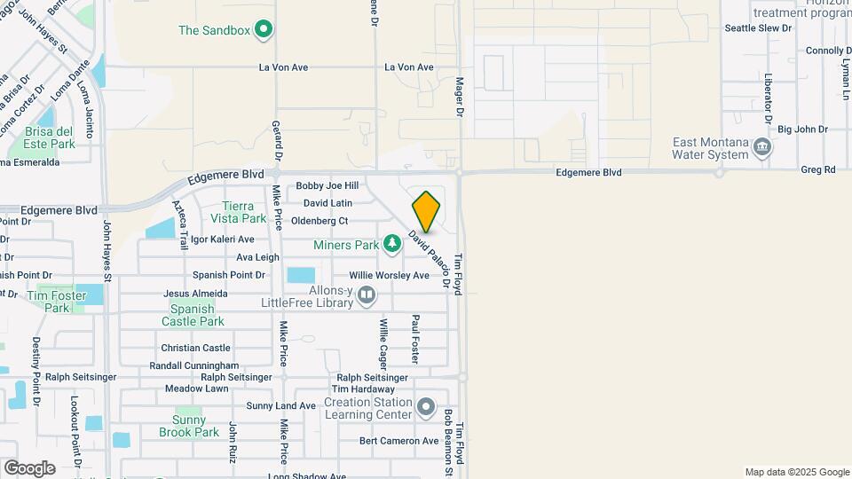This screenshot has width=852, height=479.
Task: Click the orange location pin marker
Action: point(426,211)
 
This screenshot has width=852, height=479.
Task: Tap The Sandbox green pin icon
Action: point(263,30)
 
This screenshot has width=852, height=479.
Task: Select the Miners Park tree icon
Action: point(391,243)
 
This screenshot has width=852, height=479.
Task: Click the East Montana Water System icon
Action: point(761,147)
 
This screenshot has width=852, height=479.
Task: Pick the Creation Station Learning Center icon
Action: point(426,408)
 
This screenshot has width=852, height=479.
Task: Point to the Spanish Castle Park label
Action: point(193,315)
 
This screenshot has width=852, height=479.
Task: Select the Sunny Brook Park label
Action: point(189,426)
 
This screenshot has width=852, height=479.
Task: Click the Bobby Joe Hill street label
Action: point(327,186)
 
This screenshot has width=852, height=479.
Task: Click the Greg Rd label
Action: point(817,169)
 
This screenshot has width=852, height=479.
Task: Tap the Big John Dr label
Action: point(802,130)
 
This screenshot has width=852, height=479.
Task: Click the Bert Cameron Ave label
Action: point(398,441)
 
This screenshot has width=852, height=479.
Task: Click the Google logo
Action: point(29,467)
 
